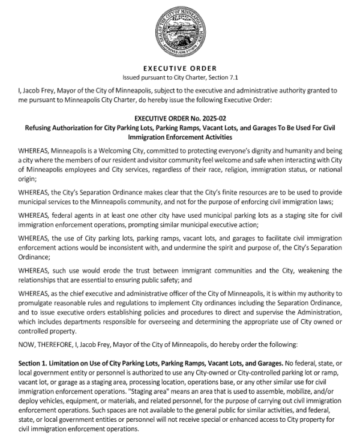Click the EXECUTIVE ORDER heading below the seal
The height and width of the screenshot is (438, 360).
179,68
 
